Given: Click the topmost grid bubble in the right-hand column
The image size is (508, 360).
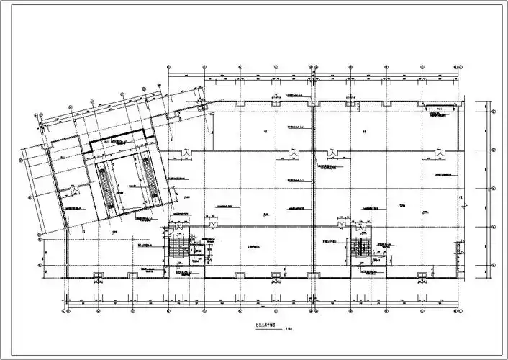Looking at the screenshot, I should [492, 111].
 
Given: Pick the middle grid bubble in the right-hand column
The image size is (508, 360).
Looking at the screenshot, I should [492, 190].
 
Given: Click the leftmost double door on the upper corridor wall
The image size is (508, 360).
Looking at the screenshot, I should [186, 152].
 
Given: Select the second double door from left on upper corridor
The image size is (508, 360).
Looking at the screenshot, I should [294, 152].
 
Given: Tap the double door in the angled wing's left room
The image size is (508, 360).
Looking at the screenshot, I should [74, 190].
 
